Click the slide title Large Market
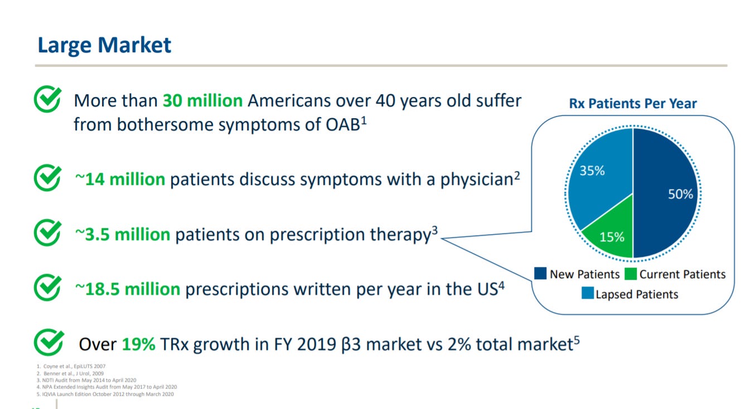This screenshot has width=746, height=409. point(104,46)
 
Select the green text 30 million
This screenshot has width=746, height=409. point(202,100)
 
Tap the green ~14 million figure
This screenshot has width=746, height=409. point(120,179)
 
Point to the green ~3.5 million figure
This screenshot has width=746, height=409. point(123,234)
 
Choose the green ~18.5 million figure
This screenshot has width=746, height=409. point(128,289)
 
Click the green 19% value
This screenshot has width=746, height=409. point(138,344)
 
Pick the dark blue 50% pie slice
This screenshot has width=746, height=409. point(665,193)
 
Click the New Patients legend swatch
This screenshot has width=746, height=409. point(540,273)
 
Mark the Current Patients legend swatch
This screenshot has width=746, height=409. point(631,274)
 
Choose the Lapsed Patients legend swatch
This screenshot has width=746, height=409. point(588,293)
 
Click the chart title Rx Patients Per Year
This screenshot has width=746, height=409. point(633,104)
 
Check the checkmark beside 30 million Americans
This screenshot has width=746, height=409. point(47,99)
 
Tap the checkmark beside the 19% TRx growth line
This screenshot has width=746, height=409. point(49,342)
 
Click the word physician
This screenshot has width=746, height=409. point(477,180)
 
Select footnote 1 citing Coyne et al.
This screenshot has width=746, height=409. point(71,366)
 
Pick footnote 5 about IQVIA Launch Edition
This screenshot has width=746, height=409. point(105,394)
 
